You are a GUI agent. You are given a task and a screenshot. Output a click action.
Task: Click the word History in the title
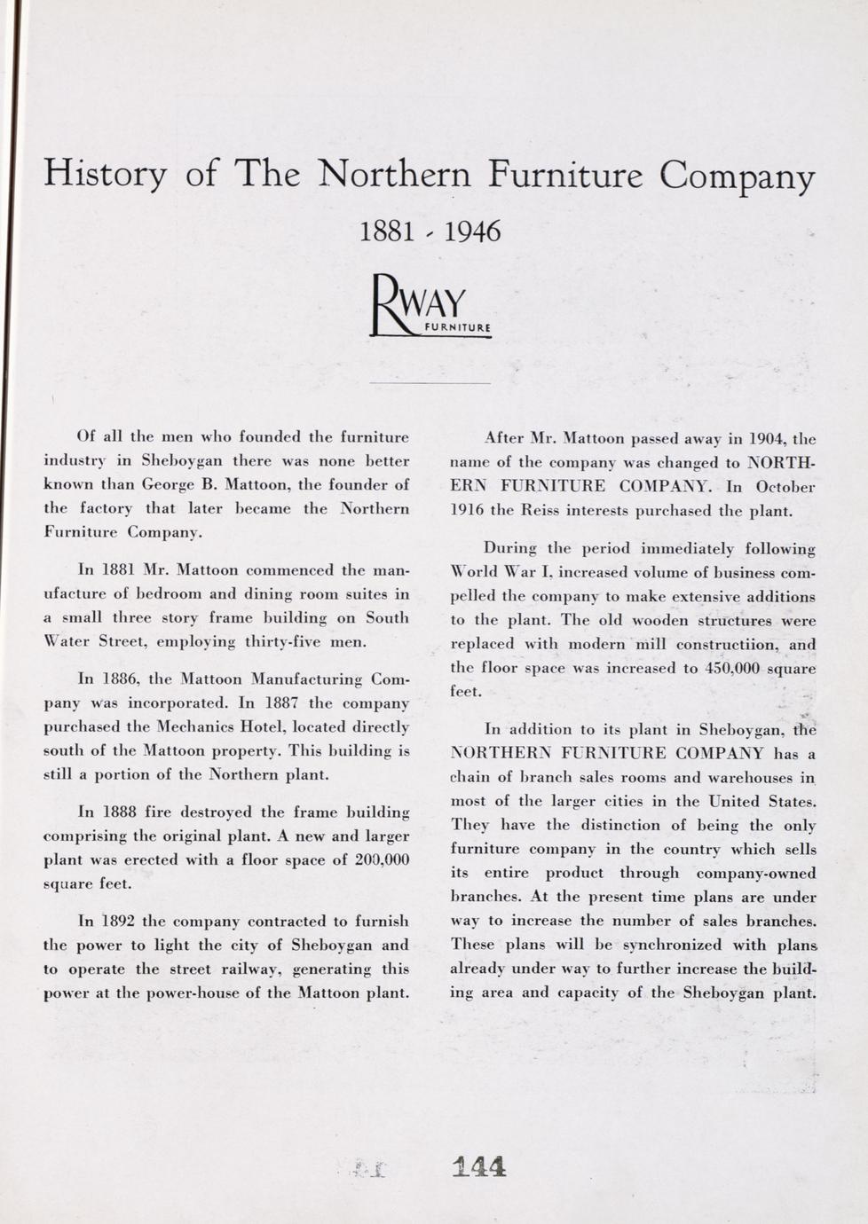(x=104, y=173)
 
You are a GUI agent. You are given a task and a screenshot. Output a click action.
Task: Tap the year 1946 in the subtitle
(x=471, y=231)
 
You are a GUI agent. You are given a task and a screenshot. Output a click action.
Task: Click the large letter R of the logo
(x=387, y=306)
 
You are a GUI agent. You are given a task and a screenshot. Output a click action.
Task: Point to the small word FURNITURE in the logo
(x=458, y=328)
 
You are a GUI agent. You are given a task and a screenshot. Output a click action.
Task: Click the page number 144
(x=478, y=1165)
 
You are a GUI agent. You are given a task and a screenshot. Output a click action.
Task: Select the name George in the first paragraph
(x=169, y=485)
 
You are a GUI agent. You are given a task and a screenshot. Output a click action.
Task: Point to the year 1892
(x=118, y=921)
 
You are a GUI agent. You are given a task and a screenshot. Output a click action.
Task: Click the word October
(x=785, y=487)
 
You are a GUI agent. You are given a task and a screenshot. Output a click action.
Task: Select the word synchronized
(x=656, y=944)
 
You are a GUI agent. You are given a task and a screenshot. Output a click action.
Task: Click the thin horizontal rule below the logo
(x=430, y=383)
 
